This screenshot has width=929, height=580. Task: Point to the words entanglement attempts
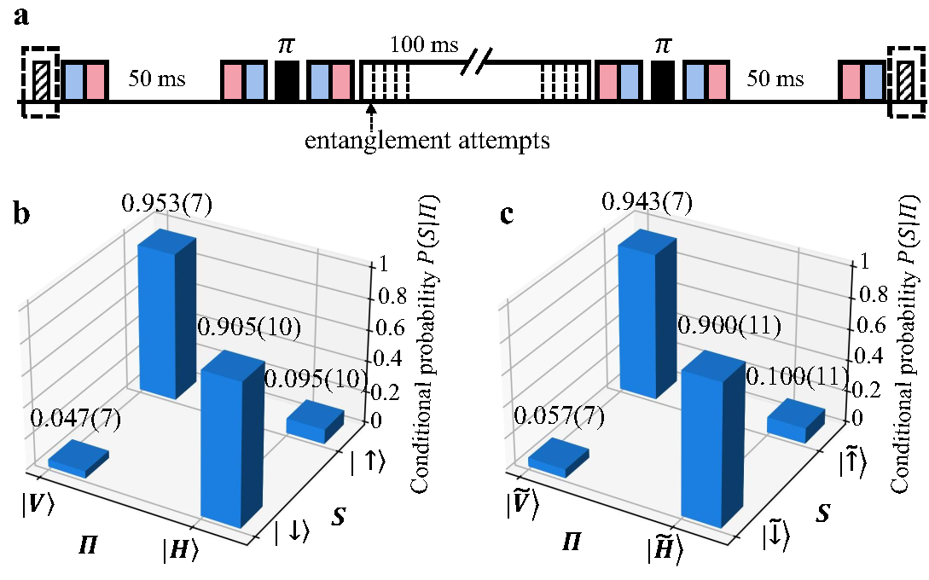pyautogui.click(x=427, y=139)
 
